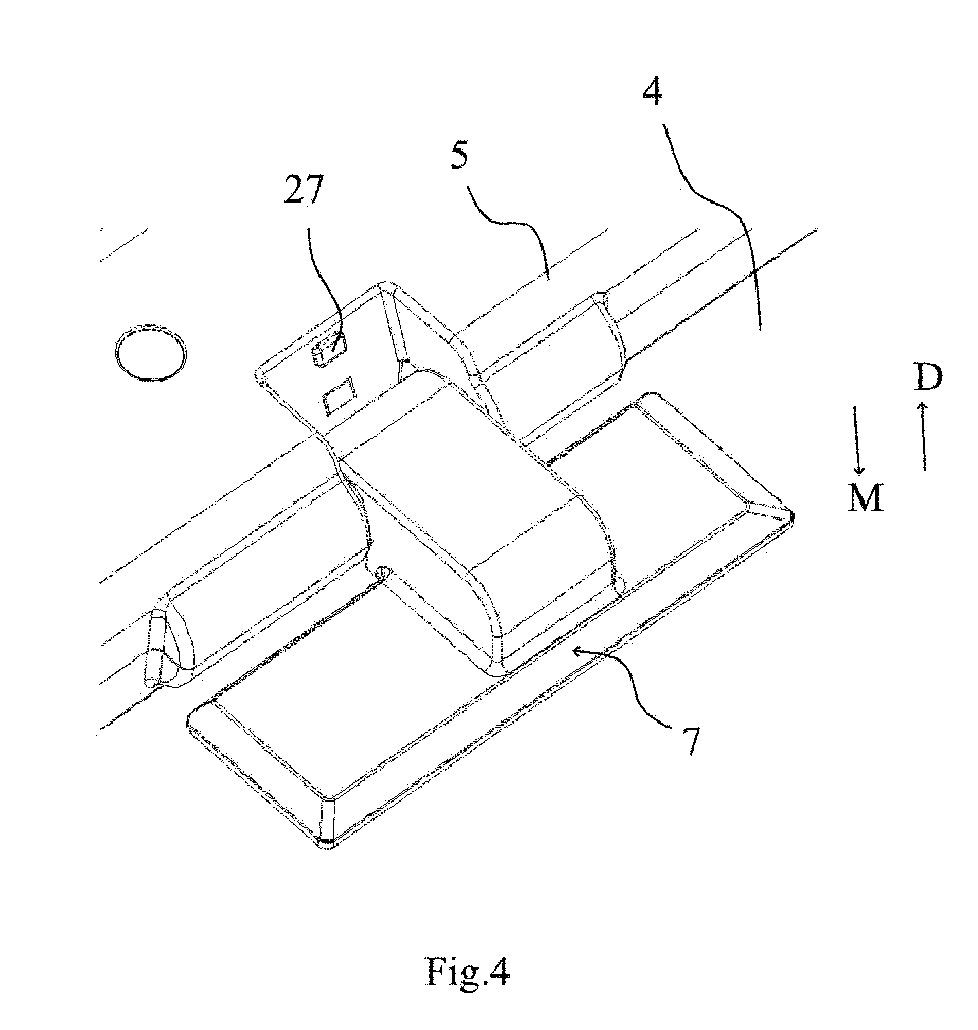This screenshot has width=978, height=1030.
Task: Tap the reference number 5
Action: pyautogui.click(x=458, y=157)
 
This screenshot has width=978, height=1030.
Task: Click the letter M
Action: pyautogui.click(x=865, y=498)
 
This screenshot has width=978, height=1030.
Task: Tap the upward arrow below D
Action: pyautogui.click(x=924, y=436)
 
